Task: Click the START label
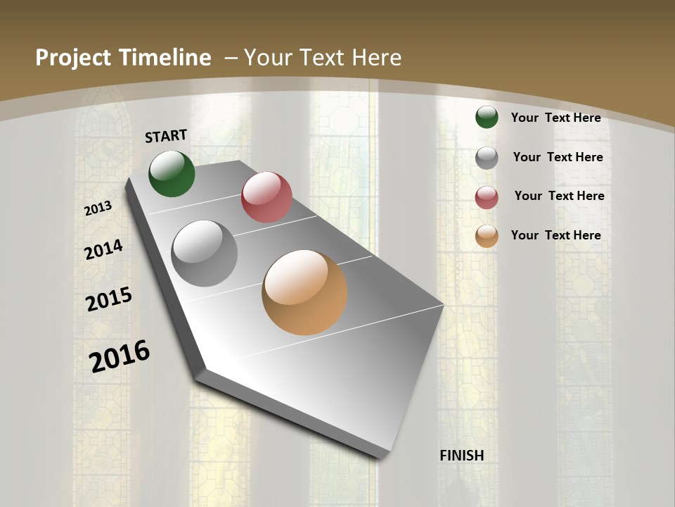(x=166, y=136)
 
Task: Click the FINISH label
(x=461, y=456)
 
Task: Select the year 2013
(x=98, y=208)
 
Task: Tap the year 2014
(x=104, y=250)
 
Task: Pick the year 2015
(x=109, y=299)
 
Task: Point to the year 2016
(x=120, y=356)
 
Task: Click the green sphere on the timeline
(x=172, y=173)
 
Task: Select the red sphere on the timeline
(x=266, y=197)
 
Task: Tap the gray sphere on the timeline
(x=205, y=254)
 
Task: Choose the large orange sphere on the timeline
(x=304, y=292)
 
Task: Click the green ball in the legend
(x=487, y=117)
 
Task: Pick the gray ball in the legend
(x=487, y=158)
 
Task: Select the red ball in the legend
(x=487, y=197)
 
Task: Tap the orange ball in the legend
(x=487, y=236)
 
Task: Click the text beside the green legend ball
(x=555, y=118)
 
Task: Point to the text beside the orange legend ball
(x=555, y=235)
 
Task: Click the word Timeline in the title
(x=162, y=58)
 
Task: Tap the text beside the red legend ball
(x=559, y=196)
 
